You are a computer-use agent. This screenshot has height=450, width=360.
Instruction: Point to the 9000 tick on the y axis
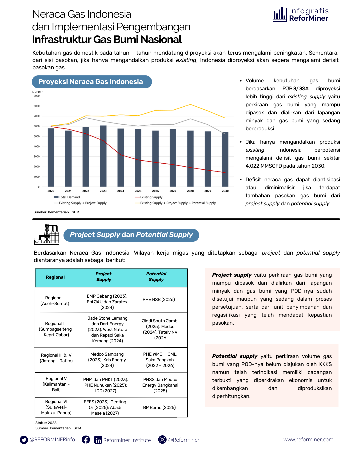pyautogui.click(x=37, y=96)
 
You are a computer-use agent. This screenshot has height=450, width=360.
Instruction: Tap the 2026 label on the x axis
pyautogui.click(x=155, y=191)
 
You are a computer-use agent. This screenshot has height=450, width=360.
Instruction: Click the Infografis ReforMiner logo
pyautogui.click(x=301, y=15)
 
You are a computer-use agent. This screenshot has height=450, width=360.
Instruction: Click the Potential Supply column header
pyautogui.click(x=156, y=277)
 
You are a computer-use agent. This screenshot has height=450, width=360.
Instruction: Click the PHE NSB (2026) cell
pyautogui.click(x=159, y=300)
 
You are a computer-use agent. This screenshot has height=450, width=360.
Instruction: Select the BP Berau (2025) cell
pyautogui.click(x=159, y=408)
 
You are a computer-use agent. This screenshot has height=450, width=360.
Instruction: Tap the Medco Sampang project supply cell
pyautogui.click(x=107, y=360)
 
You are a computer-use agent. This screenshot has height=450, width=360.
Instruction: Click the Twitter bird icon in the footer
pyautogui.click(x=24, y=440)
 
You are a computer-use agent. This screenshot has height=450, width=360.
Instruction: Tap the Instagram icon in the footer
pyautogui.click(x=162, y=440)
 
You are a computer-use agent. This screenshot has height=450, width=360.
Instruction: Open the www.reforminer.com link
pyautogui.click(x=308, y=440)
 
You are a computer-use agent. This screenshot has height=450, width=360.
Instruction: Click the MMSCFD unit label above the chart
pyautogui.click(x=38, y=92)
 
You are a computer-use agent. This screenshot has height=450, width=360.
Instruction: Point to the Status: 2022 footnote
pyautogui.click(x=46, y=423)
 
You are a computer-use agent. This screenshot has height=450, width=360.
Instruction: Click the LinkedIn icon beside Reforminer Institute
pyautogui.click(x=98, y=440)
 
